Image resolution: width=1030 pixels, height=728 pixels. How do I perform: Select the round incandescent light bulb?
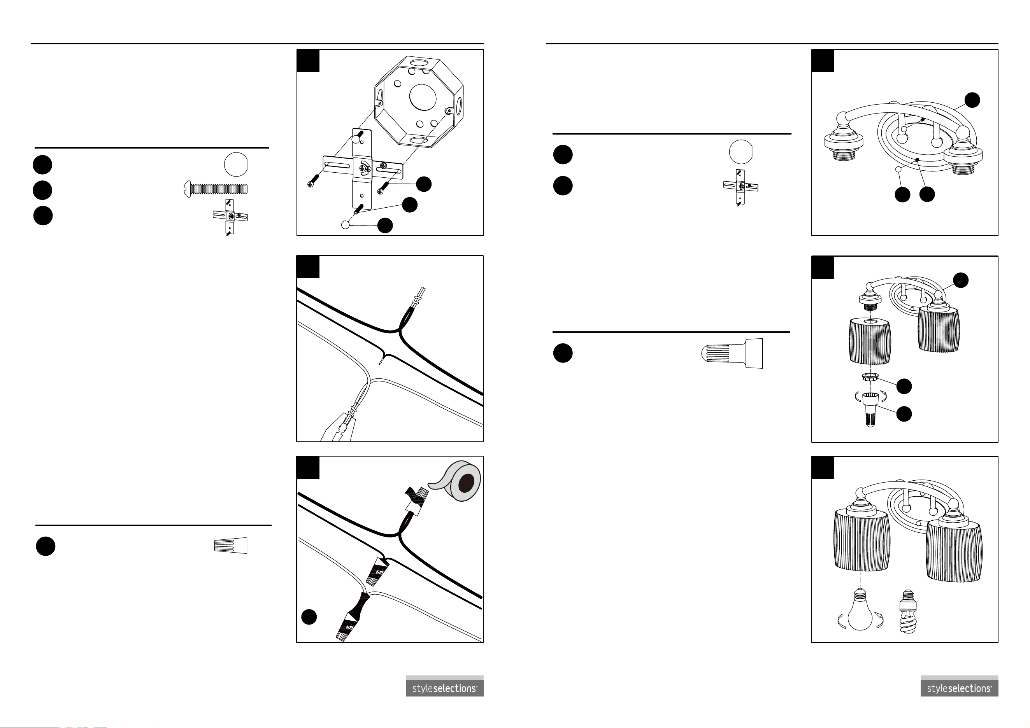[860, 610]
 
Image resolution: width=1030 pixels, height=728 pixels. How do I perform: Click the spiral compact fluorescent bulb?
[908, 611]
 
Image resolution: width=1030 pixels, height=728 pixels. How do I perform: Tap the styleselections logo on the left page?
[444, 686]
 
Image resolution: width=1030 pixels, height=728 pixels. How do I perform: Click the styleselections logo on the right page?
[959, 686]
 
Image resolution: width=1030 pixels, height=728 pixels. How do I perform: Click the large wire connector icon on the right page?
[732, 353]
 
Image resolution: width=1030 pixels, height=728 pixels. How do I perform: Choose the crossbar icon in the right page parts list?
[740, 187]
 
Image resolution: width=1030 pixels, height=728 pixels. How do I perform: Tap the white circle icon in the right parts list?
[740, 152]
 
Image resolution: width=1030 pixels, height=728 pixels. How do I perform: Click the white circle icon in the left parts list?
[236, 164]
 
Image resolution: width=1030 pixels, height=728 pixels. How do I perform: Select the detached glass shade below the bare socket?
[870, 341]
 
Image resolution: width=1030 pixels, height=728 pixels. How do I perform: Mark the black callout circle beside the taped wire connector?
[309, 617]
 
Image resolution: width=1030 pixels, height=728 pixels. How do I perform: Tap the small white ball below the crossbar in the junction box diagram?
[346, 225]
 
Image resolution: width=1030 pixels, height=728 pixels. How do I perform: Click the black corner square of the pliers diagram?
[308, 267]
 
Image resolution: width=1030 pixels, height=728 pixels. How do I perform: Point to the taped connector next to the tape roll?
[416, 500]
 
